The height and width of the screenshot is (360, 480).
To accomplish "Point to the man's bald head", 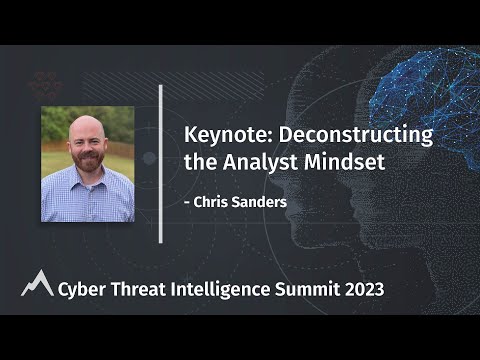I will pyautogui.click(x=87, y=125).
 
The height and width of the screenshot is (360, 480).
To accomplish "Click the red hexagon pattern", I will pyautogui.click(x=45, y=86).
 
